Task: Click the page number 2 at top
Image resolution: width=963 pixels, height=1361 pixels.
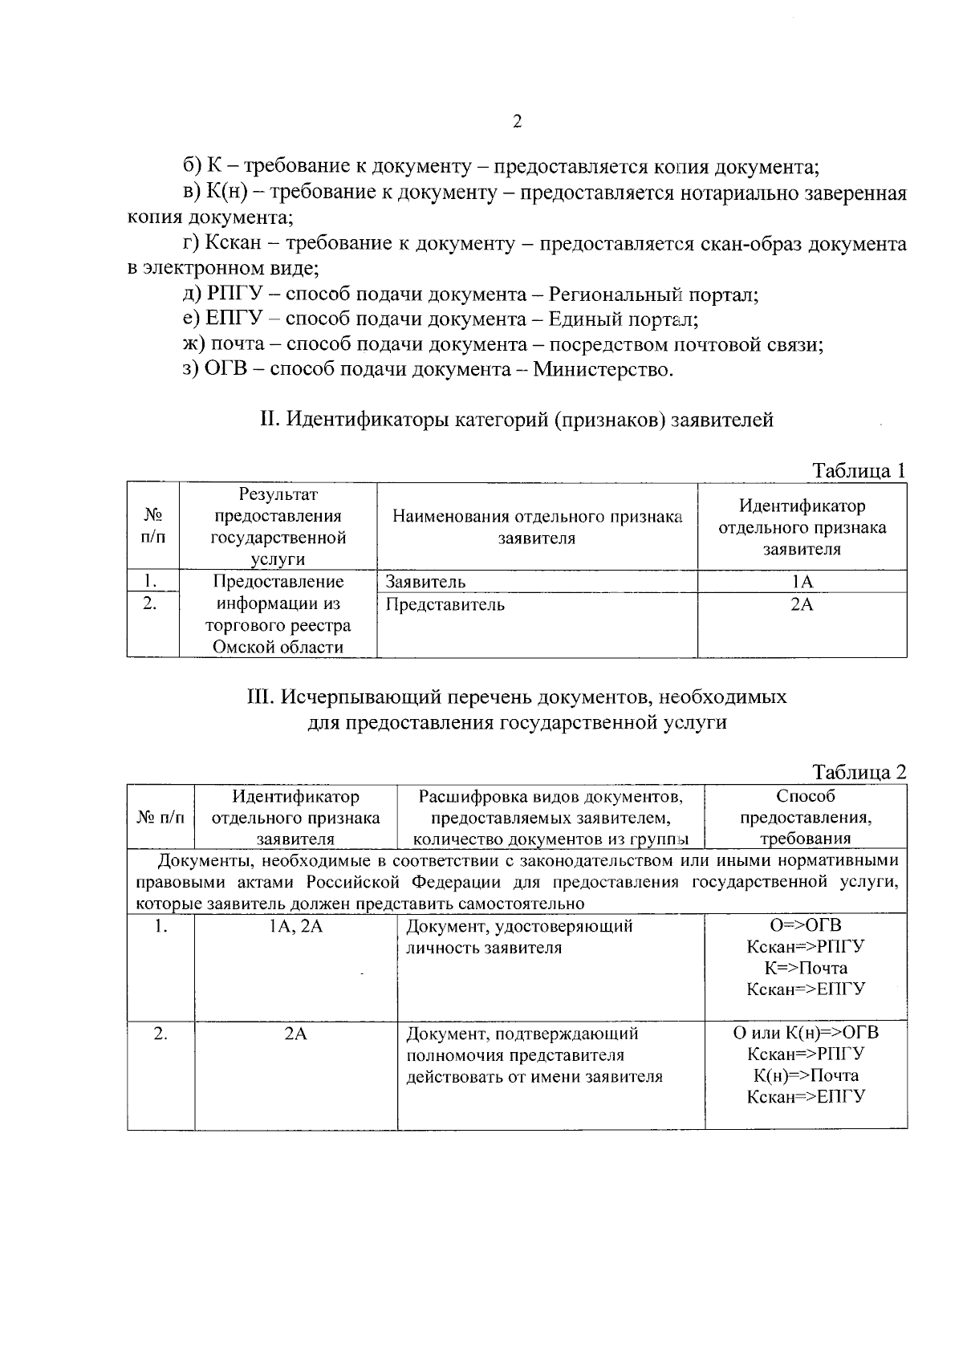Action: [517, 122]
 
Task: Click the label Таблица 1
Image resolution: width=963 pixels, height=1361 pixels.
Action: [859, 470]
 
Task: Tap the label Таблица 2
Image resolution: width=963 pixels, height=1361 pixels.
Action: [859, 772]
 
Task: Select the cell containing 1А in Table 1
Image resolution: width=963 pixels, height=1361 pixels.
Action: [802, 582]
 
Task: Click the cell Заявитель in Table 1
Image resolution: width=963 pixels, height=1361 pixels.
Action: [425, 582]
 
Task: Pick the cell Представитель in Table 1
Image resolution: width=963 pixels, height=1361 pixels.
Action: [445, 604]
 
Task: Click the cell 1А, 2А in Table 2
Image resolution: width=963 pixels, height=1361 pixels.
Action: [295, 926]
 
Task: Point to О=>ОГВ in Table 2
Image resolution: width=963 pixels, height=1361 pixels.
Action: [806, 925]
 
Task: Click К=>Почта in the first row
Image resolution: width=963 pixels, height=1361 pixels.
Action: [806, 968]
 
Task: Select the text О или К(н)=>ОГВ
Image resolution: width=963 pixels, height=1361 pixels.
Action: [806, 1032]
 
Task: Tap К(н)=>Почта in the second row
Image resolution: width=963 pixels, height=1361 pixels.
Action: [806, 1075]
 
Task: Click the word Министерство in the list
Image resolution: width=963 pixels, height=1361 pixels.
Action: [601, 370]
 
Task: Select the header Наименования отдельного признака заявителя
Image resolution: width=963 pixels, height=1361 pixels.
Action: [537, 527]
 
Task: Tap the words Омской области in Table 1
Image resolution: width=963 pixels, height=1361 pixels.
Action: [277, 647]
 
